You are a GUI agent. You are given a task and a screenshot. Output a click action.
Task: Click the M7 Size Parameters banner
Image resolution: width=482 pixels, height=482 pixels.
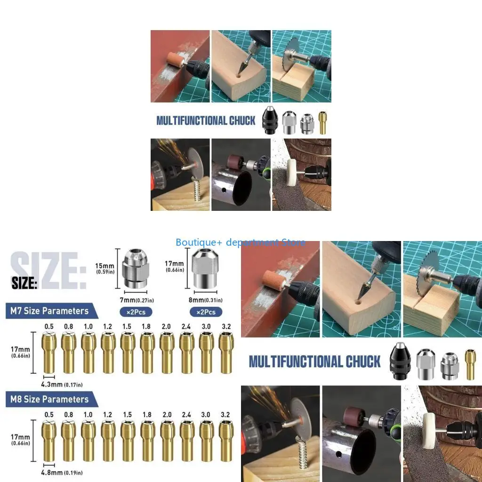point(49,311)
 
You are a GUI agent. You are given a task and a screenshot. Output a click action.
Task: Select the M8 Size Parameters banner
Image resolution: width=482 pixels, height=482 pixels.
point(49,400)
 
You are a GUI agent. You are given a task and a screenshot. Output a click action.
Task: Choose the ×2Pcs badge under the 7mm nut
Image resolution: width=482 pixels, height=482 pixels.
point(136,312)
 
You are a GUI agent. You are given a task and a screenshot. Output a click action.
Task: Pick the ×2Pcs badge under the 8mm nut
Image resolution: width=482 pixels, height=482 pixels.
point(206,312)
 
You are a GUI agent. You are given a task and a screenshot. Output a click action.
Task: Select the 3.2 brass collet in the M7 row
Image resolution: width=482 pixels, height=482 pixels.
point(226,353)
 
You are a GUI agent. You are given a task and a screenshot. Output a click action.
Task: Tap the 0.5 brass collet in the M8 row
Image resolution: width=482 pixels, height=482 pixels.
point(49,441)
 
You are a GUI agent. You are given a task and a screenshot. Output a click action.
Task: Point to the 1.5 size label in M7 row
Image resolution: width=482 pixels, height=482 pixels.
point(127,326)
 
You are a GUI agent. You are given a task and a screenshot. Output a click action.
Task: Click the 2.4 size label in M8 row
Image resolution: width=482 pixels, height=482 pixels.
point(186,415)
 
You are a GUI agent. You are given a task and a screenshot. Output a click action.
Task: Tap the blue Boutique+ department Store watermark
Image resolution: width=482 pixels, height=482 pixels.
point(240,242)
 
